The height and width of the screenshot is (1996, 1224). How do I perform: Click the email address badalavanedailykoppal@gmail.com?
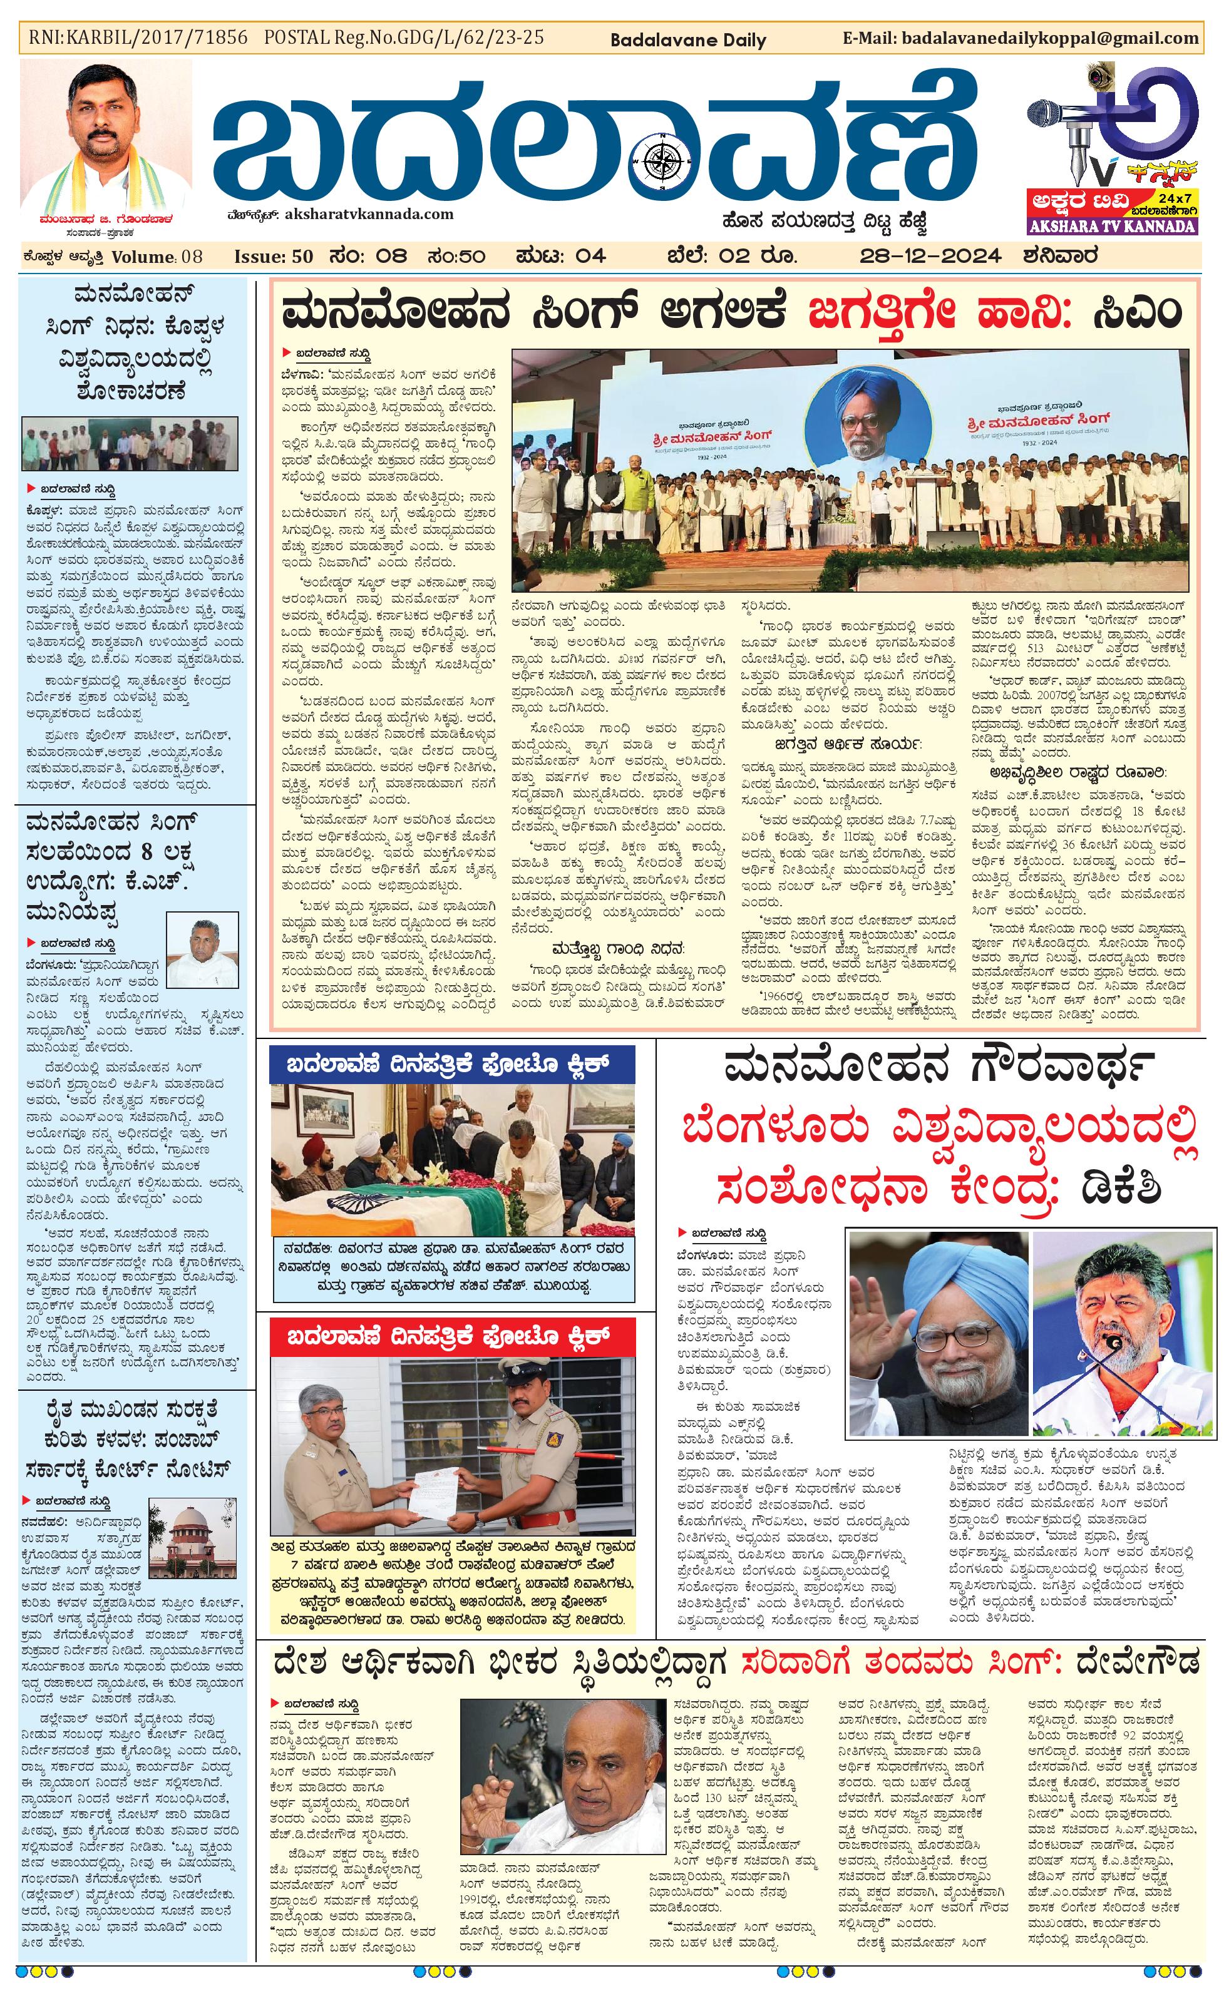tap(1047, 38)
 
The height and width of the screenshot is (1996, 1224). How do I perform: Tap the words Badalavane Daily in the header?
tap(687, 39)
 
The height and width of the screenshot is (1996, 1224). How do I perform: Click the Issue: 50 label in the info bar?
tap(273, 257)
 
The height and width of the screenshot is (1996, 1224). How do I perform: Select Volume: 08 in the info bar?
tap(157, 257)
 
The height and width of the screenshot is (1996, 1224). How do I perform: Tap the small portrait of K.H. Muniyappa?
tap(202, 947)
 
